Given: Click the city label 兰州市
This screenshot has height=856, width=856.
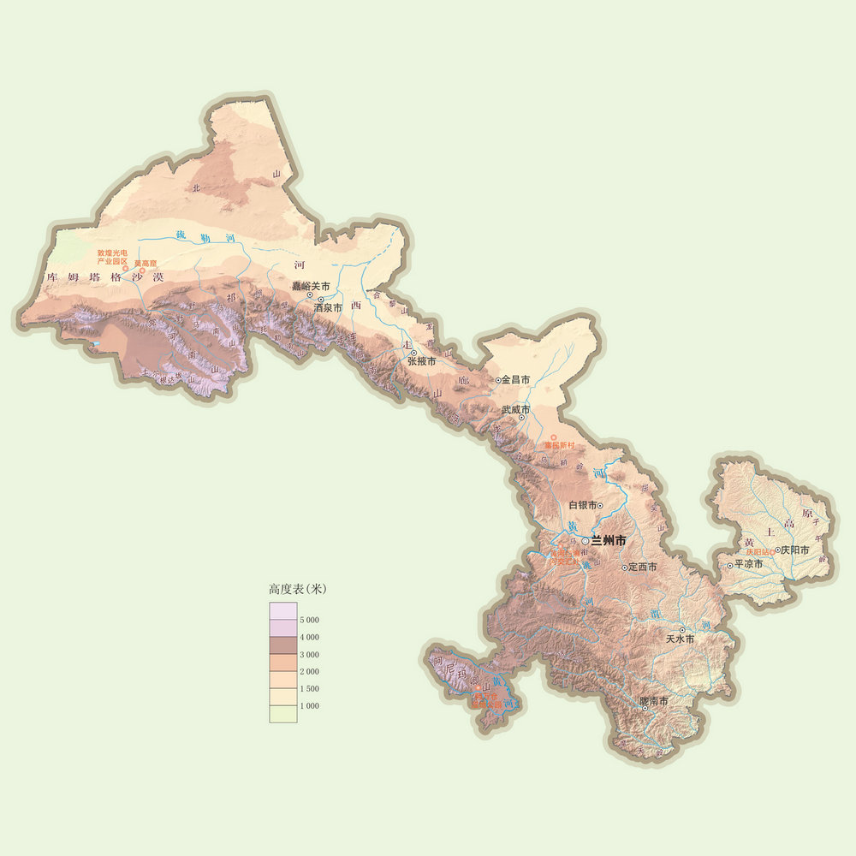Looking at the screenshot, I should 609,541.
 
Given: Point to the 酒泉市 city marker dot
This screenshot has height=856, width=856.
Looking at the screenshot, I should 321,300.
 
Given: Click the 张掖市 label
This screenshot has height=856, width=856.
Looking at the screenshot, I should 421,362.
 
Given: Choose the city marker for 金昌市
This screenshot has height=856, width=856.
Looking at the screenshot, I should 498,379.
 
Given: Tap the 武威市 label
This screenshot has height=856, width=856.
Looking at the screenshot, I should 515,409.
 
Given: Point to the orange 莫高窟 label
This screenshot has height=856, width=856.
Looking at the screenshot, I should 145,263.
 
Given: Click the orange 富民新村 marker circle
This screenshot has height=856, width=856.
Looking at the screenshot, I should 553,437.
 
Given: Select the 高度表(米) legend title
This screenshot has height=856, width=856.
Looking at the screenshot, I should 297,589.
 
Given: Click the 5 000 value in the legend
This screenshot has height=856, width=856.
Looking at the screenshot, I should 309,619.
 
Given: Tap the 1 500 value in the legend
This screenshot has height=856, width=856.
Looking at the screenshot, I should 309,688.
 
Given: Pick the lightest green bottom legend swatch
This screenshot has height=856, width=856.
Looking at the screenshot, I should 283,714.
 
